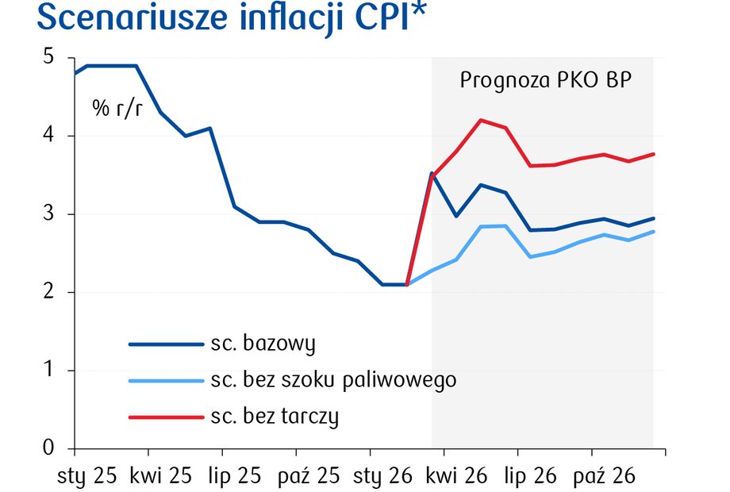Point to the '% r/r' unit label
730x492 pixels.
[117, 109]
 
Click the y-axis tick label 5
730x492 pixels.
[48, 58]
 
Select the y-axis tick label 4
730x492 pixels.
[48, 136]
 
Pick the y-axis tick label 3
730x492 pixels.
[48, 214]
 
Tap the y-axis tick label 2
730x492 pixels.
[48, 292]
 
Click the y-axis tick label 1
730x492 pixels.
[48, 371]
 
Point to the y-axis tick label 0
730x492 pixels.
[48, 448]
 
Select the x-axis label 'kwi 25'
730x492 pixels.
[161, 476]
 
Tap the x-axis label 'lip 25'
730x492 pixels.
[234, 476]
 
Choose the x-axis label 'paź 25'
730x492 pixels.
[309, 476]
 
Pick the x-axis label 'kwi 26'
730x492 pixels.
[457, 476]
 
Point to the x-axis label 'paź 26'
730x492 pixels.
[605, 476]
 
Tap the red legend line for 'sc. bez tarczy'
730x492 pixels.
[165, 416]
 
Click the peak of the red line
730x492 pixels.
[481, 120]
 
